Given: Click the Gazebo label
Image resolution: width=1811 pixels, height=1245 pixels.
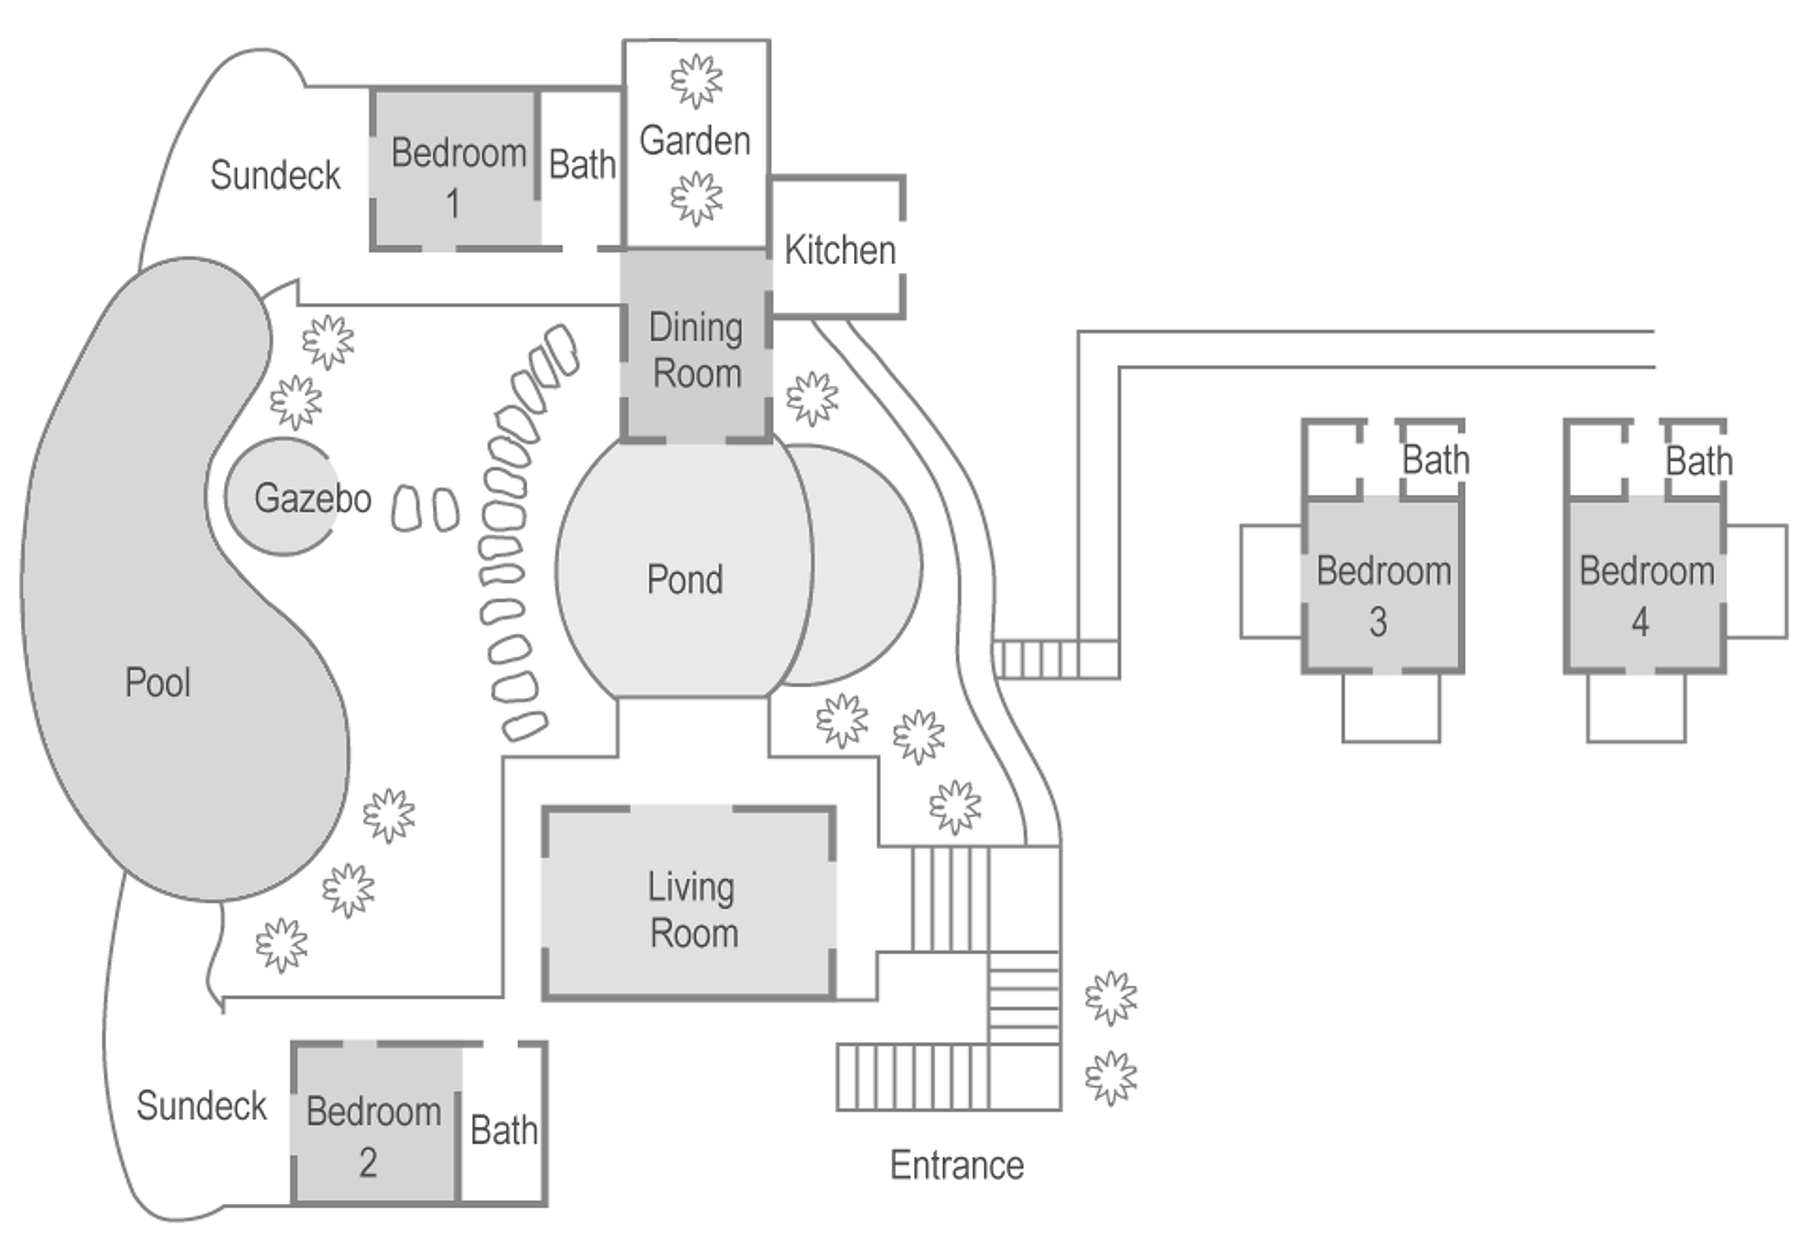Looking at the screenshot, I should (313, 499).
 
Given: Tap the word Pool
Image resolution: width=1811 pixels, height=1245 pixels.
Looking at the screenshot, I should (157, 683).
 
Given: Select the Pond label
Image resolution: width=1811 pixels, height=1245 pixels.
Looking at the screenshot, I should (684, 580).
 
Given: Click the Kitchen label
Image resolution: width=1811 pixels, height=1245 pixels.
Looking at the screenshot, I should (840, 251).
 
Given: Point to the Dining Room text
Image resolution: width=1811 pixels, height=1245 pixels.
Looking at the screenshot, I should (696, 351).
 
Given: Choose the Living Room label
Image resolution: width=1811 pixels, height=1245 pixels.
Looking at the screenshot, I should (693, 910).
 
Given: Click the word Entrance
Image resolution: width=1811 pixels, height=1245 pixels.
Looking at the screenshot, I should (956, 1165).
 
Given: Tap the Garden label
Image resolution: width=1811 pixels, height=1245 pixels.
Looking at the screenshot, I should (695, 141).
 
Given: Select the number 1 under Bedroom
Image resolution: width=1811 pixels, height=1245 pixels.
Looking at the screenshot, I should (454, 203).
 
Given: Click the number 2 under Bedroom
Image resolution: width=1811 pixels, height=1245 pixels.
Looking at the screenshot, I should (368, 1162).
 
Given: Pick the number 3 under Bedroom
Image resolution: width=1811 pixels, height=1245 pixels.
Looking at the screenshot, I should (1378, 622).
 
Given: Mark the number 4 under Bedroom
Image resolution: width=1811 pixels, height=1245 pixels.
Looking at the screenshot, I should (1639, 622).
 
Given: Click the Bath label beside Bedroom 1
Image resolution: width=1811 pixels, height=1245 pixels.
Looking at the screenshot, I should (581, 165).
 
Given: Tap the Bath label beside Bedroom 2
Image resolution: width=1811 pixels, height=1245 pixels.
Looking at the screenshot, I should (503, 1131).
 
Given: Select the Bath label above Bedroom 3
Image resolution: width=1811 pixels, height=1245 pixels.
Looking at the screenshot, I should (1435, 460).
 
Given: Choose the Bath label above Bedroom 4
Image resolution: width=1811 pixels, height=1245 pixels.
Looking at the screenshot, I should (1699, 461).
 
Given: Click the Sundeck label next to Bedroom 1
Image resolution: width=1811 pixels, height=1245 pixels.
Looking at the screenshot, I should (275, 175).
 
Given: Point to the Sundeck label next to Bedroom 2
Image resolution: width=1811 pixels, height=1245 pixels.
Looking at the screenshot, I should (201, 1106).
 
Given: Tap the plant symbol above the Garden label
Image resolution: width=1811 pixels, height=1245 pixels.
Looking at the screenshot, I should (697, 81).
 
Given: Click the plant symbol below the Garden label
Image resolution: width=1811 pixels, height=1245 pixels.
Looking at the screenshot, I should (697, 198).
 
